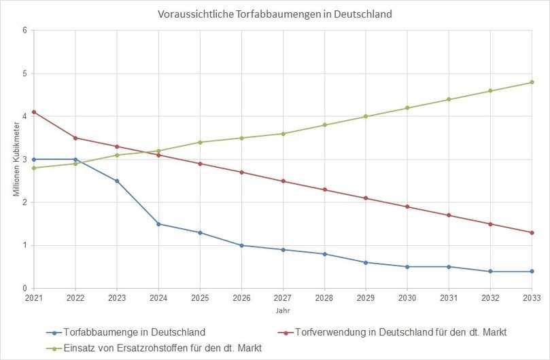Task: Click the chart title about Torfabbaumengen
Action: tap(275, 14)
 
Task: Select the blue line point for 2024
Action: tap(158, 223)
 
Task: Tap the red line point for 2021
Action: tap(33, 112)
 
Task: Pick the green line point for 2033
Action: tap(532, 82)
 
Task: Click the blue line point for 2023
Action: tap(117, 181)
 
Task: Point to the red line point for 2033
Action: tap(532, 232)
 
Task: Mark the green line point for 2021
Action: tap(33, 168)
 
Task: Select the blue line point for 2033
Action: tap(532, 271)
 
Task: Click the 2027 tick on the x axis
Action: tap(283, 298)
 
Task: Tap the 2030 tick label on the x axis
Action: tap(407, 298)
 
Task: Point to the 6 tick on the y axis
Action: tap(24, 31)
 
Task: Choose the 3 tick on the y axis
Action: tap(24, 160)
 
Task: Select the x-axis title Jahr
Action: tap(282, 310)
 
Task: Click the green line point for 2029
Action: tap(366, 116)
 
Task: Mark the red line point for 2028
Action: tap(324, 190)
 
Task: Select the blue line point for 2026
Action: tap(241, 245)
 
